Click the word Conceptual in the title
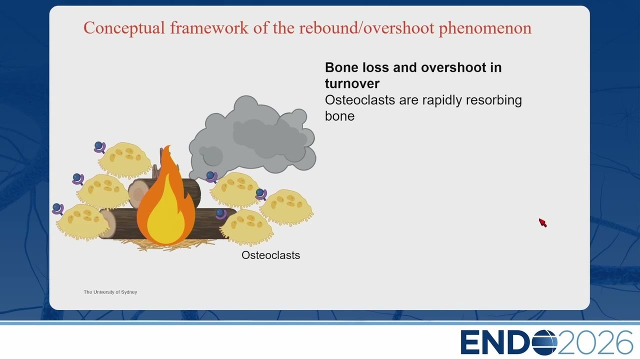coord(124,28)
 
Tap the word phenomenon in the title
coord(485,28)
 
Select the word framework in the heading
coord(209,28)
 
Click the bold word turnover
coord(352,83)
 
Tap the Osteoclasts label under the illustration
coord(270,255)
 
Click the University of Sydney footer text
coord(110,292)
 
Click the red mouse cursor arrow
coord(542,222)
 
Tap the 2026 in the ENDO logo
coord(595,342)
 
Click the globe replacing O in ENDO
coord(544,342)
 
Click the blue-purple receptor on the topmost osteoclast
coord(99,147)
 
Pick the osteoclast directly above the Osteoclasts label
coord(246,227)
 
